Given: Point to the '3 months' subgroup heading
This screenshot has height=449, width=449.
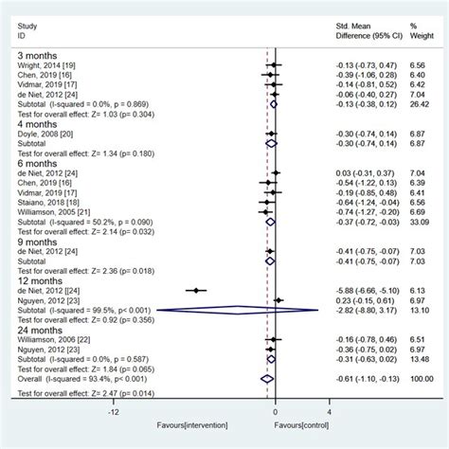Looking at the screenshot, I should tap(35, 54).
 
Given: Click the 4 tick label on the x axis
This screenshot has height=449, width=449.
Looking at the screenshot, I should tap(329, 413).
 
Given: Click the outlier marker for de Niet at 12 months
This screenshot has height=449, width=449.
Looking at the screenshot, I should tap(195, 290).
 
